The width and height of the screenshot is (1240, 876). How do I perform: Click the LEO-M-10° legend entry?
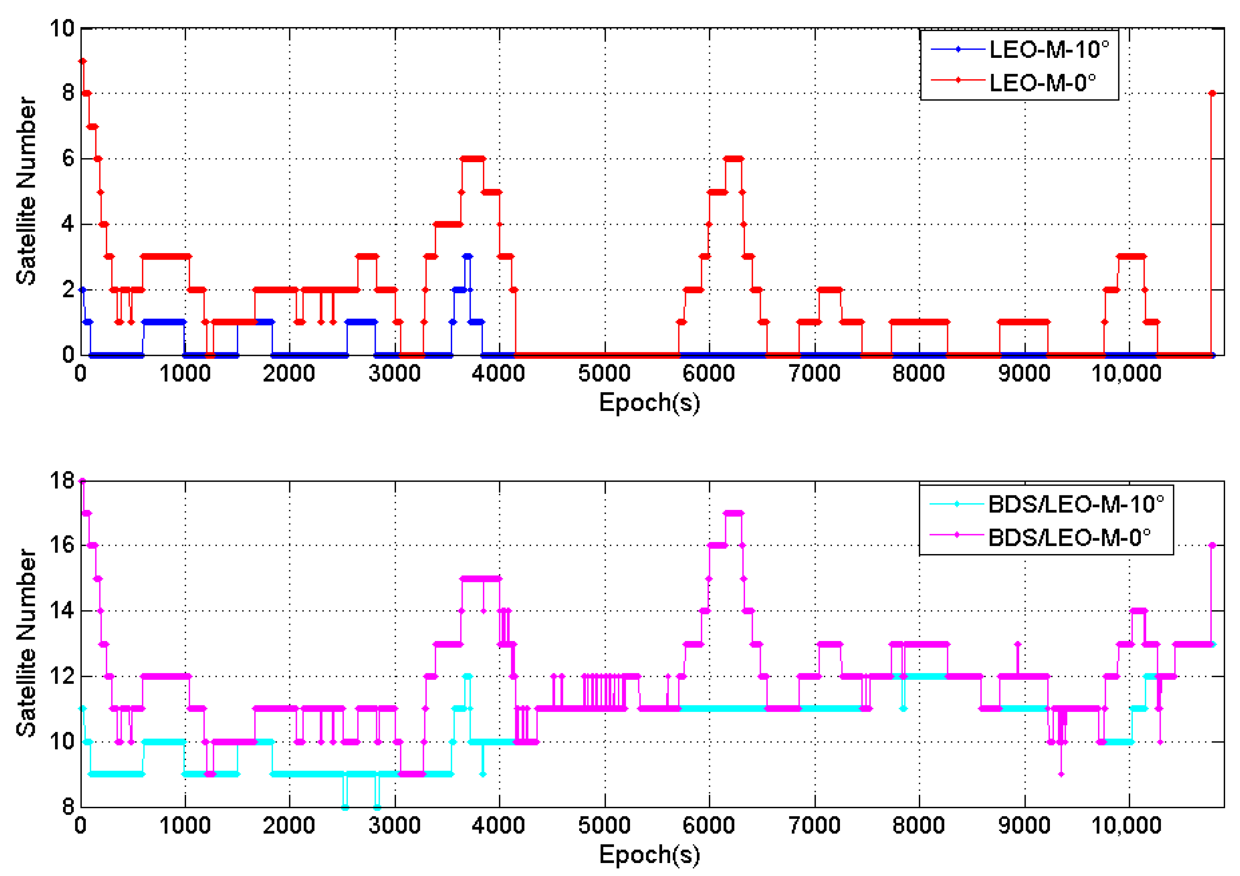[1048, 50]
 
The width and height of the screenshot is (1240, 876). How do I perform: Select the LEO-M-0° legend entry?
[1042, 83]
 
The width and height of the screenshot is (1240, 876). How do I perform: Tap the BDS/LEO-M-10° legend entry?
[1075, 504]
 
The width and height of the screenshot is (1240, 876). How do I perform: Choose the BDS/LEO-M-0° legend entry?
[1068, 537]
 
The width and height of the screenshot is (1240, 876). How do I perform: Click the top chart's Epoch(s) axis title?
[649, 403]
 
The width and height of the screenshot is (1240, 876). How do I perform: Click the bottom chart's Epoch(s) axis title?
[649, 855]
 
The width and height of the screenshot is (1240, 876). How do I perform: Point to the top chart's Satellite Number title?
[26, 190]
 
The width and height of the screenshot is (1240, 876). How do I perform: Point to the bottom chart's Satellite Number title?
[26, 643]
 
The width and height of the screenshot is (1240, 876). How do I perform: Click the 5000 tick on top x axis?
[604, 374]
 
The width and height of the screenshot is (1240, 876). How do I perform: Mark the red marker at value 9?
[83, 61]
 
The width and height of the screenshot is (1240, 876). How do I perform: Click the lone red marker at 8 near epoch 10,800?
[1212, 93]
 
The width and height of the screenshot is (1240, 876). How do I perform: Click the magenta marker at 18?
[82, 480]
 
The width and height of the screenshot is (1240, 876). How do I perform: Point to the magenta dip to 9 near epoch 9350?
[1061, 774]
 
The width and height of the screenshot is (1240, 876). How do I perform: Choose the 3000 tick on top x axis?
[394, 374]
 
